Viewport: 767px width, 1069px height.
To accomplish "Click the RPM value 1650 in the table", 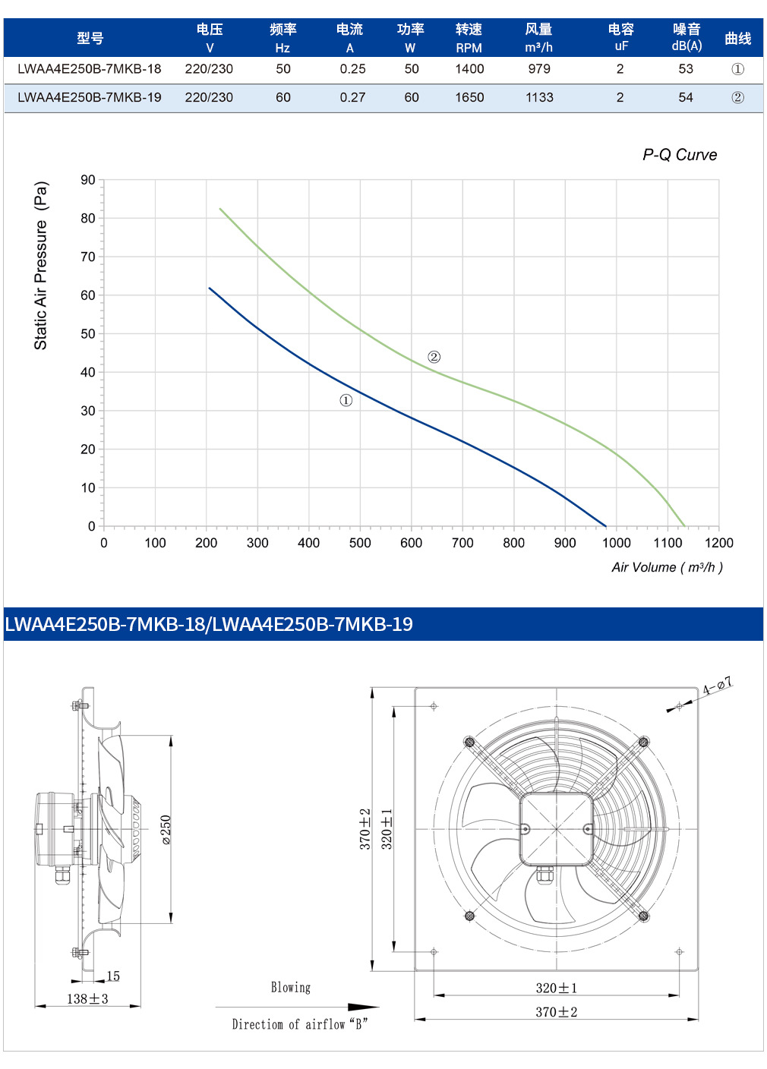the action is pyautogui.click(x=469, y=97).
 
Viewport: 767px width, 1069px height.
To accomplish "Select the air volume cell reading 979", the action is pyautogui.click(x=539, y=69).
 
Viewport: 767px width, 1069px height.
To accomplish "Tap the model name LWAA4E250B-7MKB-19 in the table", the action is pyautogui.click(x=90, y=97).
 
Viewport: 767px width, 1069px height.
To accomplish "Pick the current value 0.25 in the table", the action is pyautogui.click(x=352, y=69).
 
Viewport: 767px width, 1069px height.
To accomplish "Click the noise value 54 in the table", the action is pyautogui.click(x=686, y=97).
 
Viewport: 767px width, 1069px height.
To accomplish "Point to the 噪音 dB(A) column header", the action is pyautogui.click(x=687, y=37).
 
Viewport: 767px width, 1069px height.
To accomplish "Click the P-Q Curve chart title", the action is pyautogui.click(x=680, y=155).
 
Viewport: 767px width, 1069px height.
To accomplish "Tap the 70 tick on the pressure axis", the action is pyautogui.click(x=88, y=257).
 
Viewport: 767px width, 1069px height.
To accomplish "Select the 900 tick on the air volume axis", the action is pyautogui.click(x=565, y=543).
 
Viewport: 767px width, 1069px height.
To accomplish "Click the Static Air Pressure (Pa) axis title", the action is pyautogui.click(x=41, y=265).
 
